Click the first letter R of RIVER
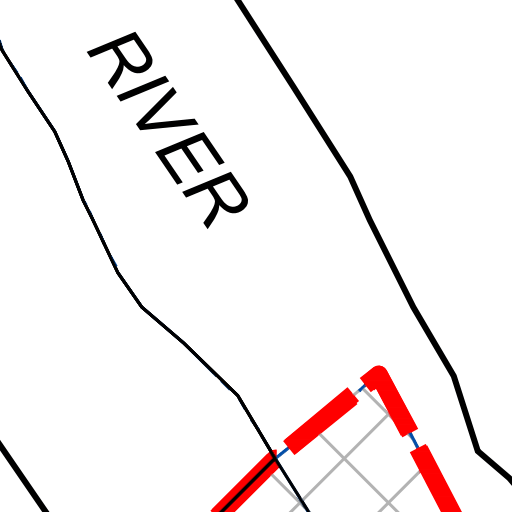[x=120, y=60]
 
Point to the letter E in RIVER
[x=189, y=158]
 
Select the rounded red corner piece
[x=388, y=400]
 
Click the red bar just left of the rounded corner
[x=321, y=421]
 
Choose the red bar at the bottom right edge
[x=435, y=478]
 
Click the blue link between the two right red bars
[x=414, y=440]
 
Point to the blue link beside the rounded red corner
[x=362, y=388]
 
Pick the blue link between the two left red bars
[x=282, y=453]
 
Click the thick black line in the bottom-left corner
[x=23, y=477]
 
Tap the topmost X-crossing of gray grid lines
[x=345, y=459]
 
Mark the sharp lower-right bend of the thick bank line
[x=478, y=451]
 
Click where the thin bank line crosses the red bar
[x=275, y=457]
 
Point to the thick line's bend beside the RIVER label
[x=351, y=176]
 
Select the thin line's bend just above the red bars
[x=238, y=396]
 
